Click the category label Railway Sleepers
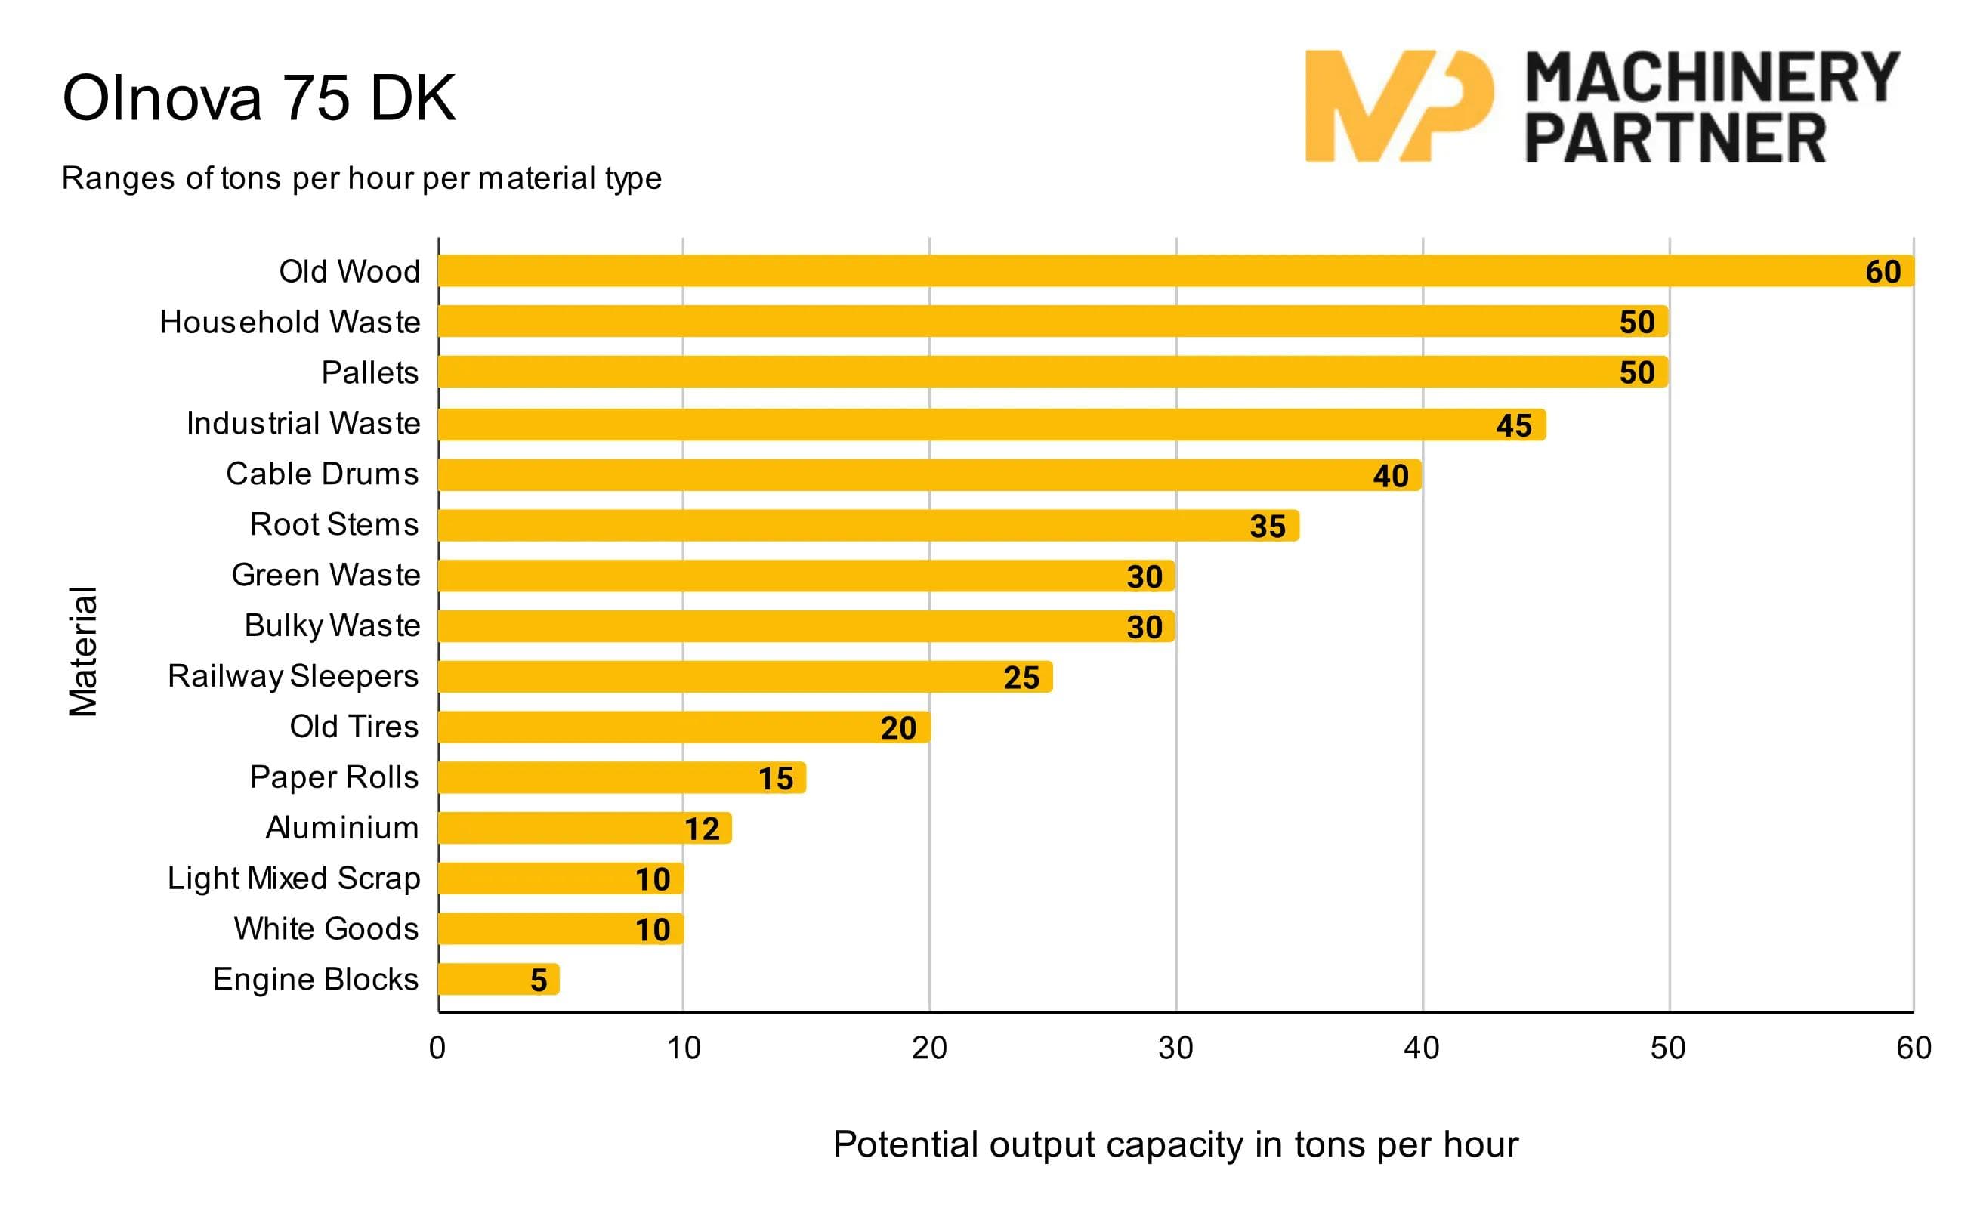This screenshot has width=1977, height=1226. [x=293, y=676]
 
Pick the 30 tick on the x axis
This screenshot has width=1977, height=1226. [x=1175, y=1048]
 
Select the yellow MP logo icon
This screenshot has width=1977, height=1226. [x=1398, y=107]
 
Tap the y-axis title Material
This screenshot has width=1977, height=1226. [x=82, y=651]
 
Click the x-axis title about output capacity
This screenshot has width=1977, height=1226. [x=1175, y=1145]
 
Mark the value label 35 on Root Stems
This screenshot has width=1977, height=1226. [x=1267, y=527]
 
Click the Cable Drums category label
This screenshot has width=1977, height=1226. [x=322, y=474]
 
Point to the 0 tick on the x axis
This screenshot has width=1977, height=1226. [x=437, y=1048]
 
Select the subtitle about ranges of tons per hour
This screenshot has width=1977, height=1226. [x=362, y=178]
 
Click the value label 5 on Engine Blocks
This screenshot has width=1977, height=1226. [x=539, y=980]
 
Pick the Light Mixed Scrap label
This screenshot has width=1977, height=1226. [x=294, y=879]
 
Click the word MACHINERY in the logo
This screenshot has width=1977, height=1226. [x=1713, y=78]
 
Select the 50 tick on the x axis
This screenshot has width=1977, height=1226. [x=1667, y=1048]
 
